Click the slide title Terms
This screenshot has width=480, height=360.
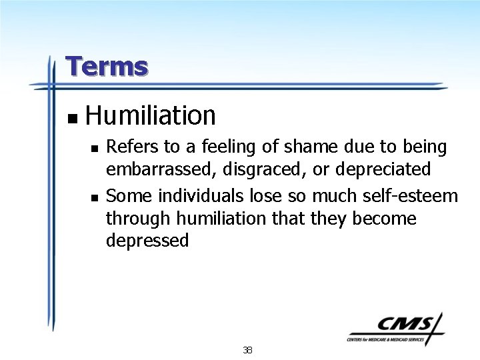click(x=107, y=67)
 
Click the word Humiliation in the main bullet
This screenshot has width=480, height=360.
click(x=151, y=116)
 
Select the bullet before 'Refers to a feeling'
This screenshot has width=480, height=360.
click(x=95, y=149)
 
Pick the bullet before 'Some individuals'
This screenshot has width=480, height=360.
click(x=95, y=197)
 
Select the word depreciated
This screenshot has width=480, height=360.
click(x=383, y=170)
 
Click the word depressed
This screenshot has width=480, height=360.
click(x=147, y=241)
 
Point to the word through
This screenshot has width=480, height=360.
click(x=135, y=219)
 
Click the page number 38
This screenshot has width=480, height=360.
click(x=248, y=350)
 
